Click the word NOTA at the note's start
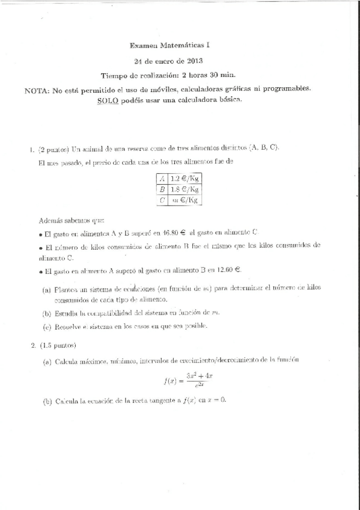(x=37, y=90)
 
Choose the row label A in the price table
(x=161, y=178)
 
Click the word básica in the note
(x=227, y=100)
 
